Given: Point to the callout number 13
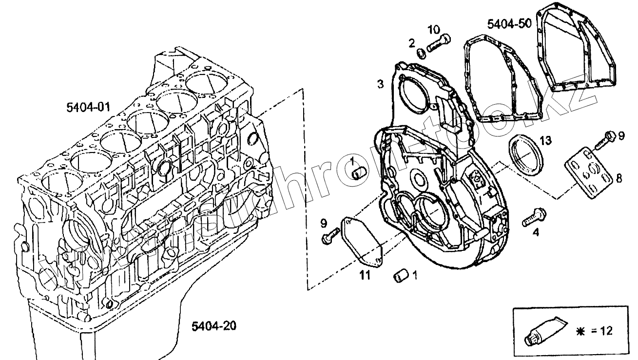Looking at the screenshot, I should (545, 141).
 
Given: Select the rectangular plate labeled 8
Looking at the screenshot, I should (588, 173).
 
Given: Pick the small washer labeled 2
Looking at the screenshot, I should (421, 52).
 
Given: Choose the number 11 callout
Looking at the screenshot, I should (365, 276).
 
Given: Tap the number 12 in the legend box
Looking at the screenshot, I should (606, 331).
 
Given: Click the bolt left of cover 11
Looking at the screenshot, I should (330, 236).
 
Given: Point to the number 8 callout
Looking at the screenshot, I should (619, 179).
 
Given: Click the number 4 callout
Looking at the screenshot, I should (536, 233).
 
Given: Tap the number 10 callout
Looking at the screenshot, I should (433, 29).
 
